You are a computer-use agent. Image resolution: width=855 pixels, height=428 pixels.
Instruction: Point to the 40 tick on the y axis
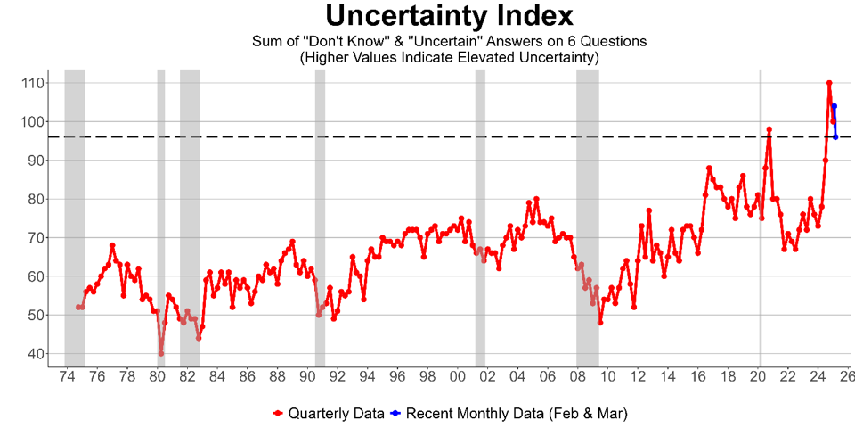pyautogui.click(x=35, y=354)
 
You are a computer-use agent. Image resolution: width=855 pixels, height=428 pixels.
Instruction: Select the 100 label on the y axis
pyautogui.click(x=31, y=121)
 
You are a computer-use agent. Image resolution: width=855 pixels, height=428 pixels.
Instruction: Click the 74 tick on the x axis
pyautogui.click(x=66, y=378)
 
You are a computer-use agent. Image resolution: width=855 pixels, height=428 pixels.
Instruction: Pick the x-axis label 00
pyautogui.click(x=457, y=378)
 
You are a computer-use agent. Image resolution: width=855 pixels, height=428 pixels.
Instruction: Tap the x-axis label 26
pyautogui.click(x=846, y=378)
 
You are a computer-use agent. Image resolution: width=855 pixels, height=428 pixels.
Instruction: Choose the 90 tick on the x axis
pyautogui.click(x=306, y=378)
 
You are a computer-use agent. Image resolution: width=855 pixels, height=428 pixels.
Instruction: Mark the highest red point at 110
pyautogui.click(x=829, y=83)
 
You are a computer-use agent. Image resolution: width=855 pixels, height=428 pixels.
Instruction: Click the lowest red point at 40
pyautogui.click(x=161, y=353)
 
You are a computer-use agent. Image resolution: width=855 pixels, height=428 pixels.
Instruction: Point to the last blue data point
pyautogui.click(x=835, y=136)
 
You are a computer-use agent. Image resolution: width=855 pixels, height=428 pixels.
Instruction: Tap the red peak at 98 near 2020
pyautogui.click(x=769, y=129)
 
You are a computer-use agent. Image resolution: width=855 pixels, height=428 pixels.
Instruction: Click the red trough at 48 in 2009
pyautogui.click(x=600, y=322)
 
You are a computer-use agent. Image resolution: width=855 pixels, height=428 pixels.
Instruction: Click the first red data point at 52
pyautogui.click(x=78, y=307)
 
